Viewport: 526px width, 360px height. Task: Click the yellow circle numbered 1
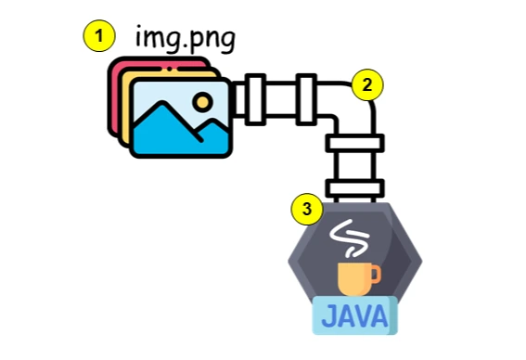pyautogui.click(x=99, y=36)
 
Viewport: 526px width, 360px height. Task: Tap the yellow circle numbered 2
pyautogui.click(x=368, y=84)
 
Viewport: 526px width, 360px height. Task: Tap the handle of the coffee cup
pyautogui.click(x=376, y=274)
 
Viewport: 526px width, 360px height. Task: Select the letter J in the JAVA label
pyautogui.click(x=329, y=317)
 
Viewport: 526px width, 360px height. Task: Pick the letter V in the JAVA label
pyautogui.click(x=366, y=317)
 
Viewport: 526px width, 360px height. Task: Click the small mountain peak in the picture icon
pyautogui.click(x=211, y=127)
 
